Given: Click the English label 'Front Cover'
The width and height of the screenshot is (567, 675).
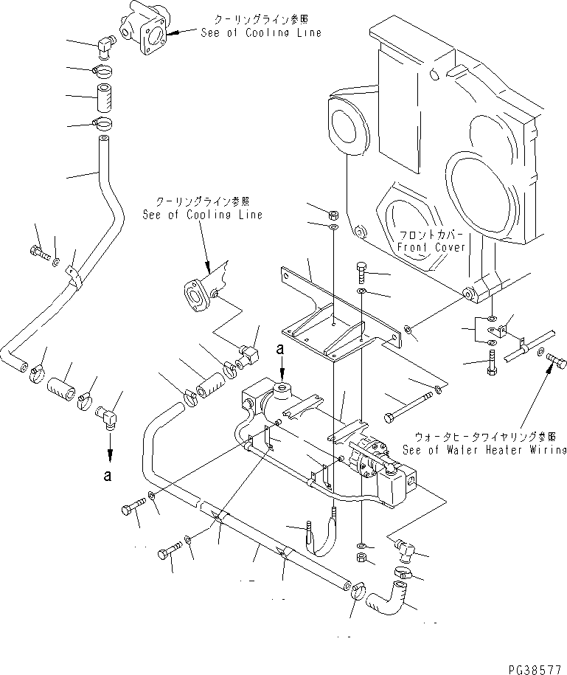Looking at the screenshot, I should coord(431,247).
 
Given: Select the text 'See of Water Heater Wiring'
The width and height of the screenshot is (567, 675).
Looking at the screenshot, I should coord(484,449).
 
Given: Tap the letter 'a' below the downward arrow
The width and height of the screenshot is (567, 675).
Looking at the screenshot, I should coord(108,476).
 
